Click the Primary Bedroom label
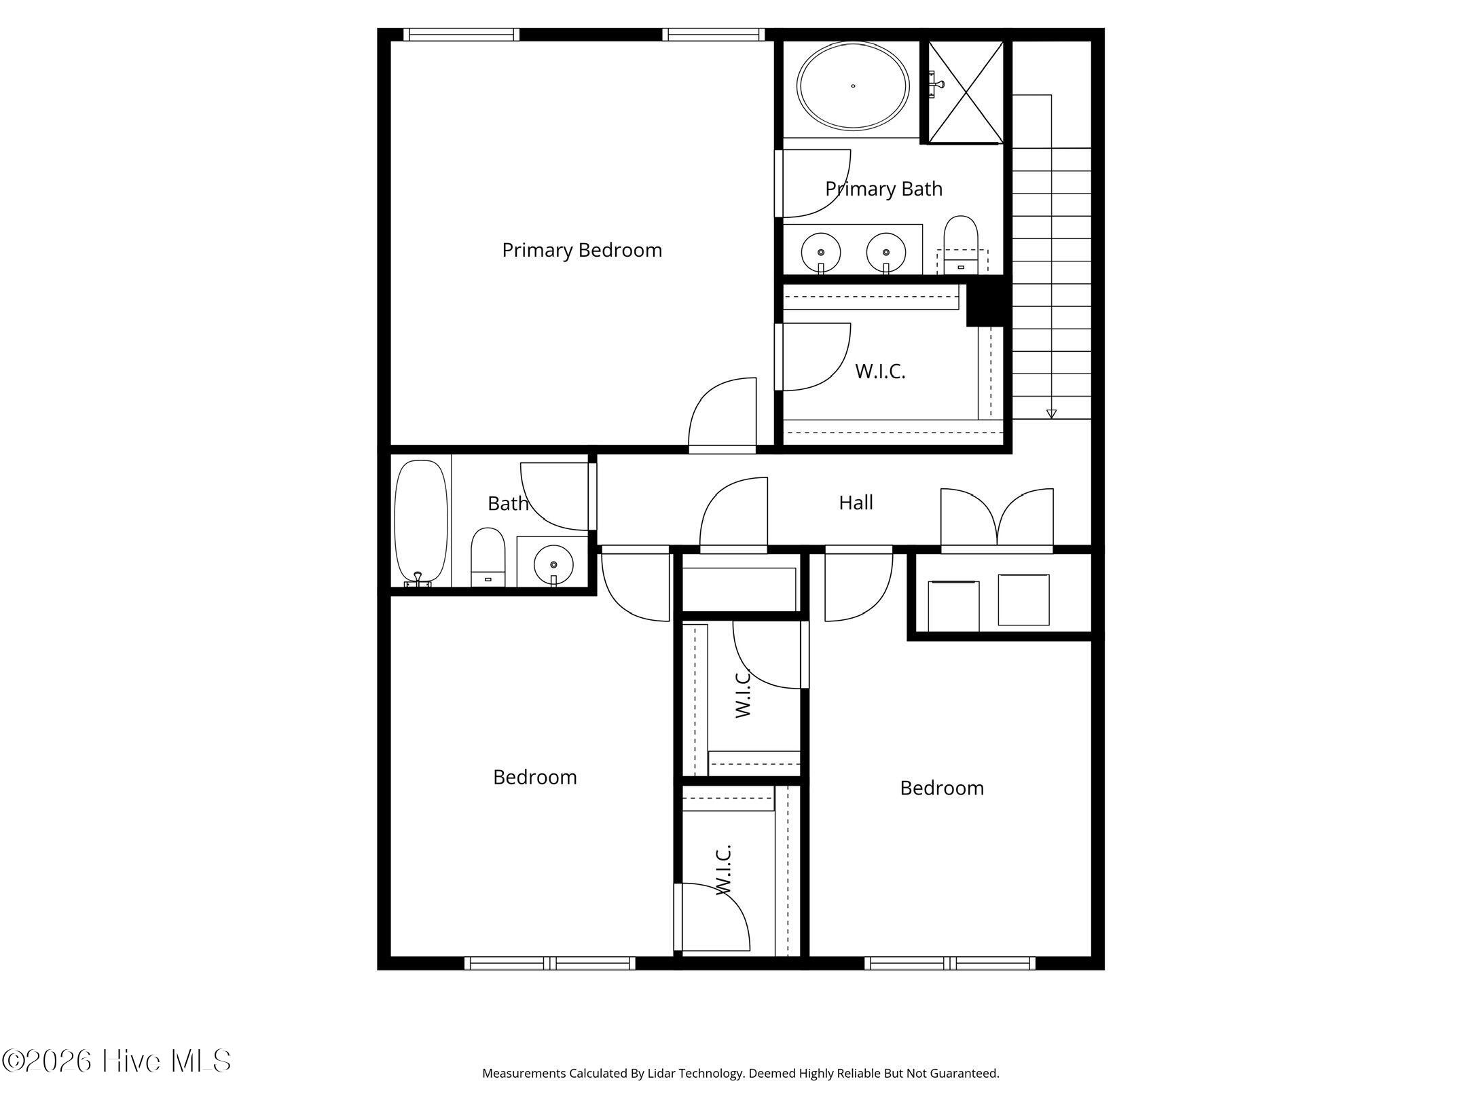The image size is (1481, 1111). pyautogui.click(x=582, y=251)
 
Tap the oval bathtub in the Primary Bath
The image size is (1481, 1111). pyautogui.click(x=853, y=86)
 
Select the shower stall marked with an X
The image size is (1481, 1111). pyautogui.click(x=966, y=92)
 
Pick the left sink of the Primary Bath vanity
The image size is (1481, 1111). pyautogui.click(x=821, y=252)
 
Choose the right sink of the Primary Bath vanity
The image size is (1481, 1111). pyautogui.click(x=886, y=252)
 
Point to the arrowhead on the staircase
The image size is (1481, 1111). pyautogui.click(x=1051, y=414)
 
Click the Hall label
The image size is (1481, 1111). pyautogui.click(x=856, y=503)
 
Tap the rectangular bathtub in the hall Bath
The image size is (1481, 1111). pyautogui.click(x=421, y=522)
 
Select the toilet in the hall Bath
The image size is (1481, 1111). pyautogui.click(x=488, y=558)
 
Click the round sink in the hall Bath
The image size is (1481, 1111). pyautogui.click(x=553, y=564)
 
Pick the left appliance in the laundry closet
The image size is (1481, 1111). pyautogui.click(x=953, y=606)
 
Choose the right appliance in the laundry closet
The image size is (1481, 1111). pyautogui.click(x=1023, y=600)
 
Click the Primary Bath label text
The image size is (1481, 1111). pyautogui.click(x=884, y=189)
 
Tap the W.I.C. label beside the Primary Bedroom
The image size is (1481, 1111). pyautogui.click(x=880, y=371)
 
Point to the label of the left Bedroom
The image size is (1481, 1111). pyautogui.click(x=535, y=777)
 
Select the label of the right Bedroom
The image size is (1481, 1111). pyautogui.click(x=942, y=788)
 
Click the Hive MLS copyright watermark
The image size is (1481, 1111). pyautogui.click(x=116, y=1061)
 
